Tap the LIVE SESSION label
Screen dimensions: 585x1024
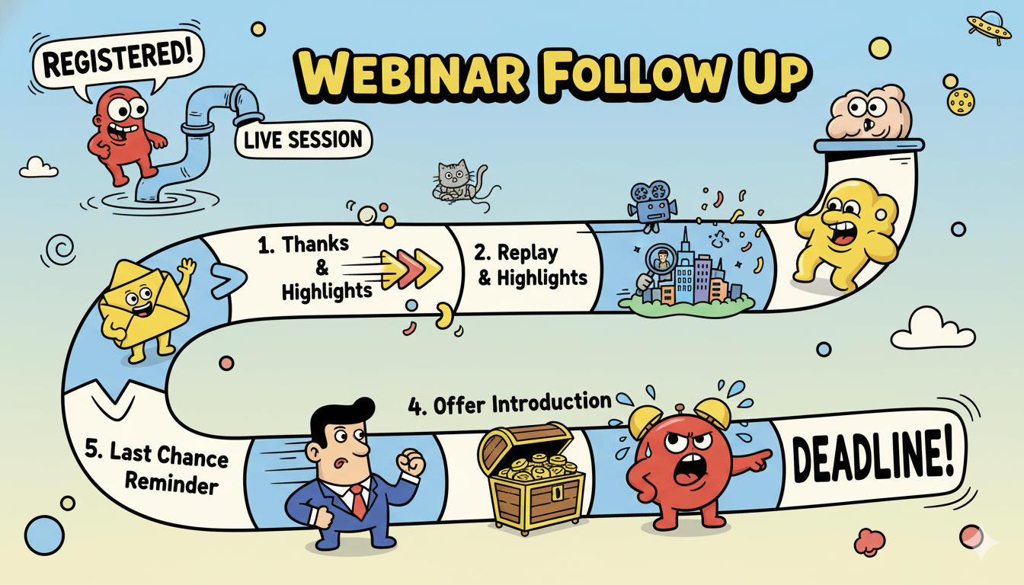point(303,140)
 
